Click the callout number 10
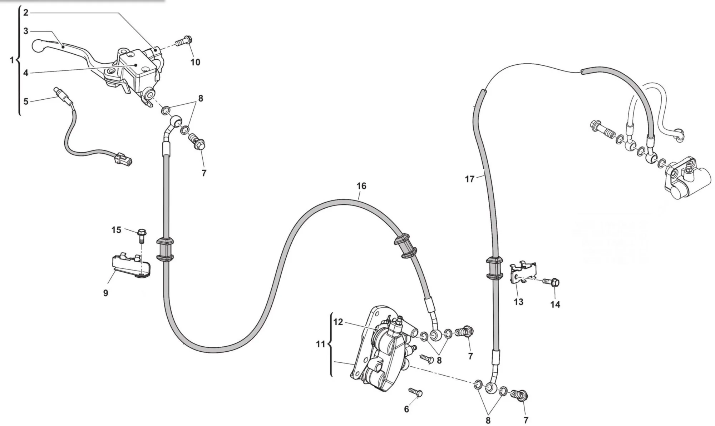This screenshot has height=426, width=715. point(195,62)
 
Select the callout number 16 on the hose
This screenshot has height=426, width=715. point(361,186)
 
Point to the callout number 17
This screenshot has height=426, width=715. point(469,179)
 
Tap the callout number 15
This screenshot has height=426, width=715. point(116,230)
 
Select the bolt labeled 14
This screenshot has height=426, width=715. point(551,282)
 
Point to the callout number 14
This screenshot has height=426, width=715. point(555,304)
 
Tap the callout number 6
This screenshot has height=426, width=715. point(406,409)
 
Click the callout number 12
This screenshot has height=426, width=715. point(338,322)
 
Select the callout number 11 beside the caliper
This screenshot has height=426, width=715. point(321,344)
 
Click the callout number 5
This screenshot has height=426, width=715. point(26,101)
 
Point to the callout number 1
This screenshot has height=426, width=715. point(12,60)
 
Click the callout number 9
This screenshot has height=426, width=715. point(105,293)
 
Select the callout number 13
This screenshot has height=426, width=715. point(518,302)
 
